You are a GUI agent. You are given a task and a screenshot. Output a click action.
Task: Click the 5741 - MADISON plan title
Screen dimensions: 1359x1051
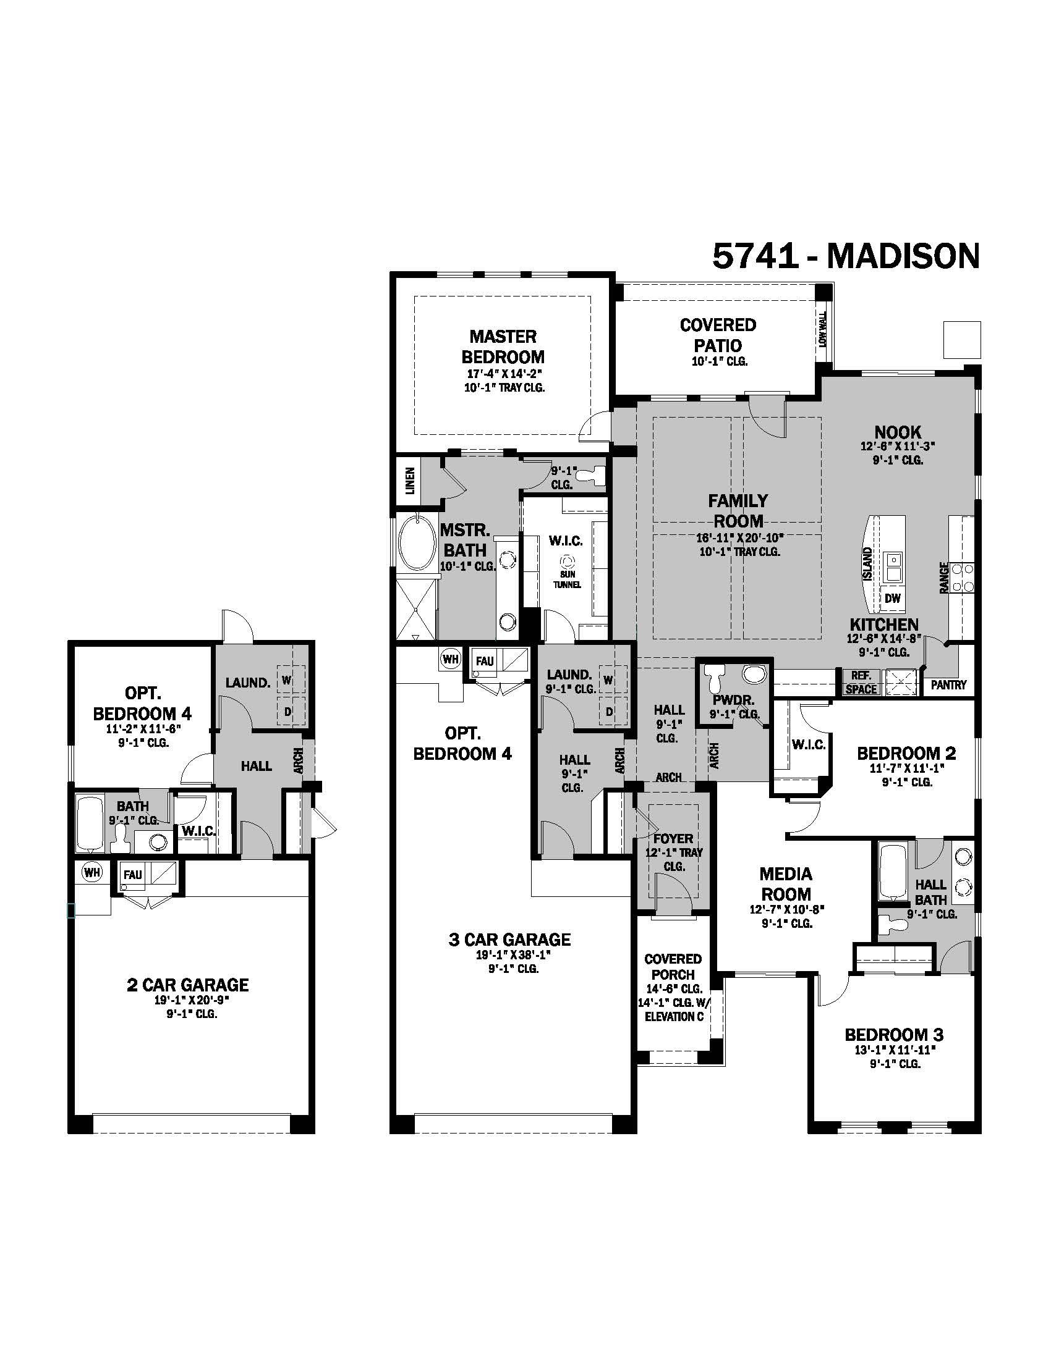point(846,256)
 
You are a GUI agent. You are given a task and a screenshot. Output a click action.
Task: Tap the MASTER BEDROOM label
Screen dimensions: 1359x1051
point(503,347)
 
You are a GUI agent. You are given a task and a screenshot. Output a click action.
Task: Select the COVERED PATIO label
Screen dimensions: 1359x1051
point(718,335)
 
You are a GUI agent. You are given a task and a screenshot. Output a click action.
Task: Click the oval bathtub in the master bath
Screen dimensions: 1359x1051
point(417,542)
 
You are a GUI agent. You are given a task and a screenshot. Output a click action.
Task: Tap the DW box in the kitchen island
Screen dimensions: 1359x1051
point(892,599)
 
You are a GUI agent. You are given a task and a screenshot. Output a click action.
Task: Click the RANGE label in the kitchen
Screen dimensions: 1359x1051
point(944,577)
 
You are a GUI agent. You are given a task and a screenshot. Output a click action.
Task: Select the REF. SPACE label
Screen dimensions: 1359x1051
point(861,683)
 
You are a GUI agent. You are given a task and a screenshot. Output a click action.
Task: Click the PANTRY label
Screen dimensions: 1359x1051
point(948,684)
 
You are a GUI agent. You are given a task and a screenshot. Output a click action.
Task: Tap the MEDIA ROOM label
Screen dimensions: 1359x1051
point(786,884)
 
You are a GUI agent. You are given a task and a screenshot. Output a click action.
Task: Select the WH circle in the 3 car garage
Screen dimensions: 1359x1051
point(449,659)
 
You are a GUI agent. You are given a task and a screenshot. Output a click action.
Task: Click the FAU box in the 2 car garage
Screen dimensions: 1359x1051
point(133,874)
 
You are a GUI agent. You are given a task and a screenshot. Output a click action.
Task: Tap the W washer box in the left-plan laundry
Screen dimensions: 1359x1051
point(286,680)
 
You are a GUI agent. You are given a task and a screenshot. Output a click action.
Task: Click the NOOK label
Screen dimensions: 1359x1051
point(897,432)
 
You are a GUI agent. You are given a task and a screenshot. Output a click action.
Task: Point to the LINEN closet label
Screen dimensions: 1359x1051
point(410,481)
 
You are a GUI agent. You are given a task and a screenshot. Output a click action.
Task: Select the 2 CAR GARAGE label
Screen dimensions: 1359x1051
point(187,985)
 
